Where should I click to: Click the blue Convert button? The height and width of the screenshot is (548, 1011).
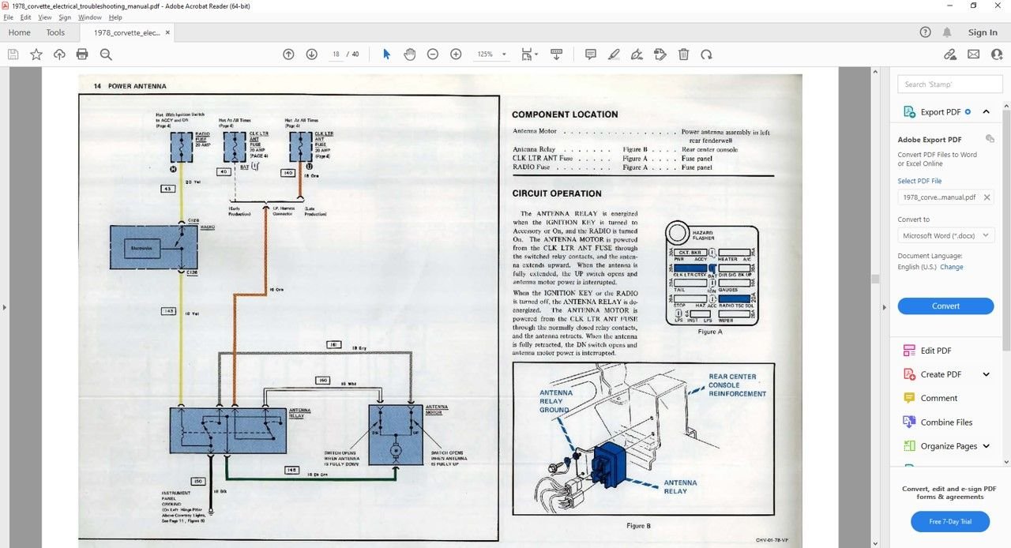pos(945,306)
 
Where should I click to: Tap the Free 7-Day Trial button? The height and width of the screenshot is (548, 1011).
pos(950,522)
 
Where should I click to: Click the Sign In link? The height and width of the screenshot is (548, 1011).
pos(983,32)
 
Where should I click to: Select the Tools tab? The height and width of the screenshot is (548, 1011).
pos(55,32)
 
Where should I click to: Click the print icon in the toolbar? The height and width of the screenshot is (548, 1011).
pos(82,54)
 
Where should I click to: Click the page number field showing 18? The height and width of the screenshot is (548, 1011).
pos(336,54)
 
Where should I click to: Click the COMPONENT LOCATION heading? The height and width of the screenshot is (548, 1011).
pos(565,114)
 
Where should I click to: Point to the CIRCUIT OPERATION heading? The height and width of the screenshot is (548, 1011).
pos(557,193)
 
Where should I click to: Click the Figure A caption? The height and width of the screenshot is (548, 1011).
pos(710,332)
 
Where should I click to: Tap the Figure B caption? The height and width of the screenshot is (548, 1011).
pos(637,526)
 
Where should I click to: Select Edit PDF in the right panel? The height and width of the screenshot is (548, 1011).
pos(936,351)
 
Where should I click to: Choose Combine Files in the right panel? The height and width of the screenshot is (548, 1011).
pos(946,422)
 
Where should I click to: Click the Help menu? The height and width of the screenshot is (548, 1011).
pos(115,17)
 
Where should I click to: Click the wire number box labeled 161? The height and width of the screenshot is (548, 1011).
pos(334,345)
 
